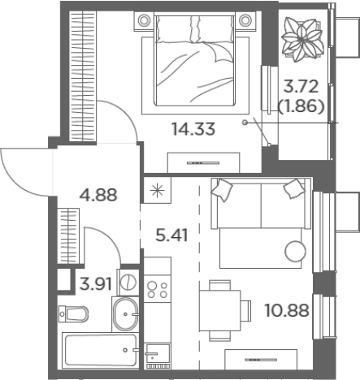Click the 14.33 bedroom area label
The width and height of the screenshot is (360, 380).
click(x=193, y=129)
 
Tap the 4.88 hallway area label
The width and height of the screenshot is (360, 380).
click(x=98, y=195)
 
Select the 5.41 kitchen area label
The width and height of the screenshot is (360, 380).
click(x=171, y=235)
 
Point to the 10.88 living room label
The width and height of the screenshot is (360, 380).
click(x=287, y=310)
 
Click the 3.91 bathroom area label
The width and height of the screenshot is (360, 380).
click(x=96, y=284)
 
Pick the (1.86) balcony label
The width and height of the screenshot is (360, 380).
click(x=301, y=107)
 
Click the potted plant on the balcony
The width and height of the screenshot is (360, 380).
click(x=302, y=40)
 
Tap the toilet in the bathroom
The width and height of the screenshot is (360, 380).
click(x=74, y=314)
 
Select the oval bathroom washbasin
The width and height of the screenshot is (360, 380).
click(x=125, y=314)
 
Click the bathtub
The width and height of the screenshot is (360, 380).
click(x=100, y=350)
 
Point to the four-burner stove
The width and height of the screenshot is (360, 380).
click(x=157, y=289)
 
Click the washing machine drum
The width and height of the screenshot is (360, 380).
click(x=128, y=283)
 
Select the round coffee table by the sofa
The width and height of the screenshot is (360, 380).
click(x=295, y=251)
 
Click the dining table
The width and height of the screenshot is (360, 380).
click(x=220, y=310)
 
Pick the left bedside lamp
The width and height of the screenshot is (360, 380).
click(x=144, y=20)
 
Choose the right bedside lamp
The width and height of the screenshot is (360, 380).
click(x=245, y=20)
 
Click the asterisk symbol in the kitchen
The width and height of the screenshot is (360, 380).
click(x=158, y=190)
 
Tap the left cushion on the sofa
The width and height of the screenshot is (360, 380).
click(x=222, y=189)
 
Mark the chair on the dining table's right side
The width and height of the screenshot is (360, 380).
click(x=246, y=310)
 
